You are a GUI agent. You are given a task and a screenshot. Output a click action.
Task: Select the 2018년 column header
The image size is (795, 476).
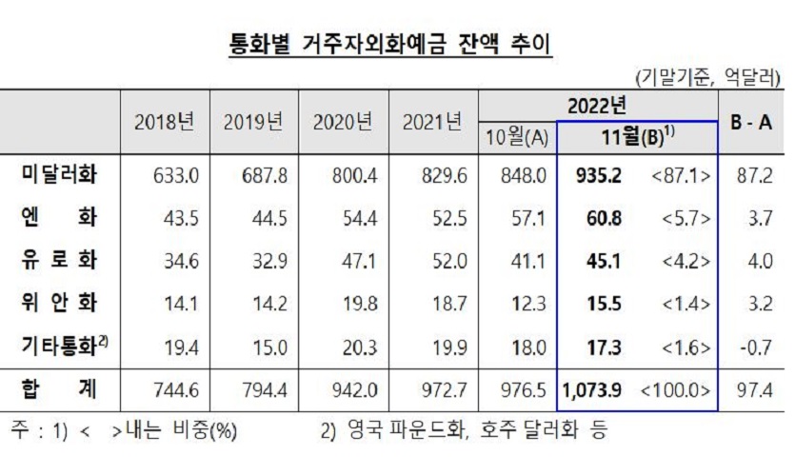pos(165,121)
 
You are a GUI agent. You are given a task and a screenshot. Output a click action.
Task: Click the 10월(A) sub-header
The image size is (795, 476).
pos(517,136)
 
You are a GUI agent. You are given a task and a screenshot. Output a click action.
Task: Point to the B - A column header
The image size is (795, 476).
pos(750,121)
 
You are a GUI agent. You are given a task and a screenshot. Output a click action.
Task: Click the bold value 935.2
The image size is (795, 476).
pos(600,176)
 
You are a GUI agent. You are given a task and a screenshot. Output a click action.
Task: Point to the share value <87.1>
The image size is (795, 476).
pos(680,176)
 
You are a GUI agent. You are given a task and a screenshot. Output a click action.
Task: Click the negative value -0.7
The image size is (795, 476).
pos(756,347)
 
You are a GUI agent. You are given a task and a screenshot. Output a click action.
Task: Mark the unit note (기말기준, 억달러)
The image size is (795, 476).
pos(706,76)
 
